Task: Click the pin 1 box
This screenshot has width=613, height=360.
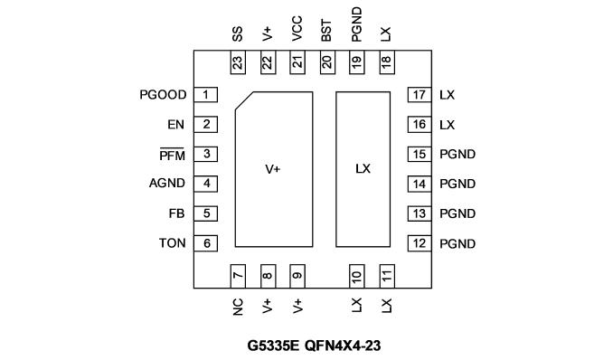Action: point(205,95)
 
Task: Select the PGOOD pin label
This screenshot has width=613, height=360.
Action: point(163,95)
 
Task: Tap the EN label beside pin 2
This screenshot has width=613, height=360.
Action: point(175,125)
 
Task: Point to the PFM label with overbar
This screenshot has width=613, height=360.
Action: point(172,155)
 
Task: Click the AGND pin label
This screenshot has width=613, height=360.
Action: point(167,183)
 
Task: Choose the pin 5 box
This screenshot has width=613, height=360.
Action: point(205,213)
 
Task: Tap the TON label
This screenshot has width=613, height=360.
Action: point(172,243)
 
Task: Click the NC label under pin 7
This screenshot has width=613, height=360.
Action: point(238,307)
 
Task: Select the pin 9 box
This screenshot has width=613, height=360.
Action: point(297,276)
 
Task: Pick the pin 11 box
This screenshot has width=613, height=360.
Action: point(387,276)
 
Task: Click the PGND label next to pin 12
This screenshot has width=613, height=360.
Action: point(457,243)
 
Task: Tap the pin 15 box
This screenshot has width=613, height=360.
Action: point(420,154)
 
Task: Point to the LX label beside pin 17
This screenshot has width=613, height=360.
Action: point(447,95)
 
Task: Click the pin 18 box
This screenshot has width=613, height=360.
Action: point(387,62)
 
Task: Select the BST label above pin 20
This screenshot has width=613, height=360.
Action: point(326,31)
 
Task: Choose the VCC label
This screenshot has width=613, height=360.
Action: point(297,29)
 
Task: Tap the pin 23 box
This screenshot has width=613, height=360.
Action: point(238,62)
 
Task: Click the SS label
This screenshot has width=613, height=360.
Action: point(237,34)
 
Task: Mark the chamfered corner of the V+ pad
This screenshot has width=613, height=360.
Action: point(244,101)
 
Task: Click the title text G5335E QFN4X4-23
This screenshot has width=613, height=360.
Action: point(314,346)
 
